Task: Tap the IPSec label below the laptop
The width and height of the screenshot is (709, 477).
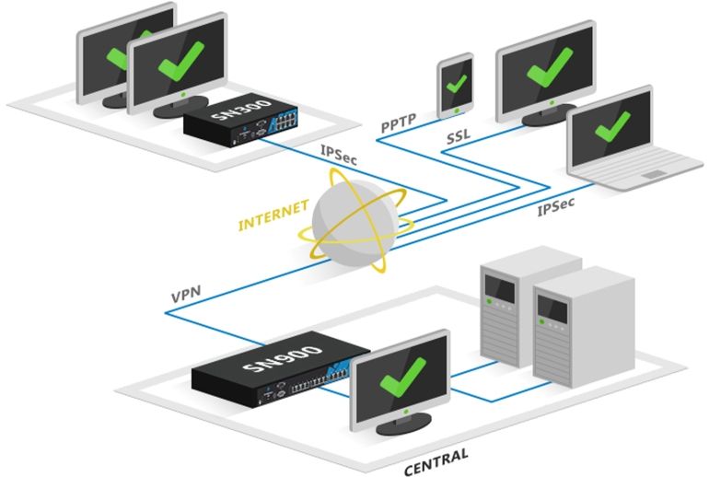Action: (556, 208)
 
